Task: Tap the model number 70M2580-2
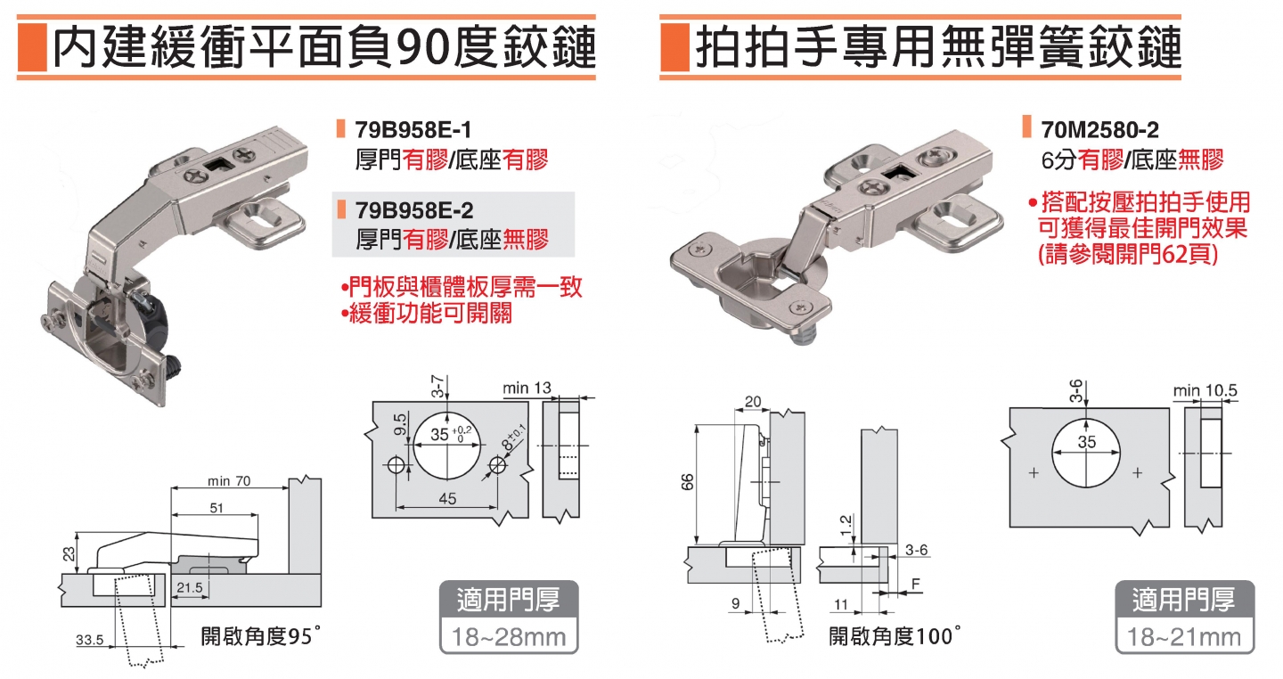point(1099,130)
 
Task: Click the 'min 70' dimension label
point(229,481)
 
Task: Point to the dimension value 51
point(217,508)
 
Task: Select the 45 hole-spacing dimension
point(447,499)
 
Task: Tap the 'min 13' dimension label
point(527,389)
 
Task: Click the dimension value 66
point(688,482)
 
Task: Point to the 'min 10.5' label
point(1206,391)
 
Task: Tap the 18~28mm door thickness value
point(510,637)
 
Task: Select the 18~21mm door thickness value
point(1184,637)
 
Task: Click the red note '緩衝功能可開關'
point(427,315)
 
